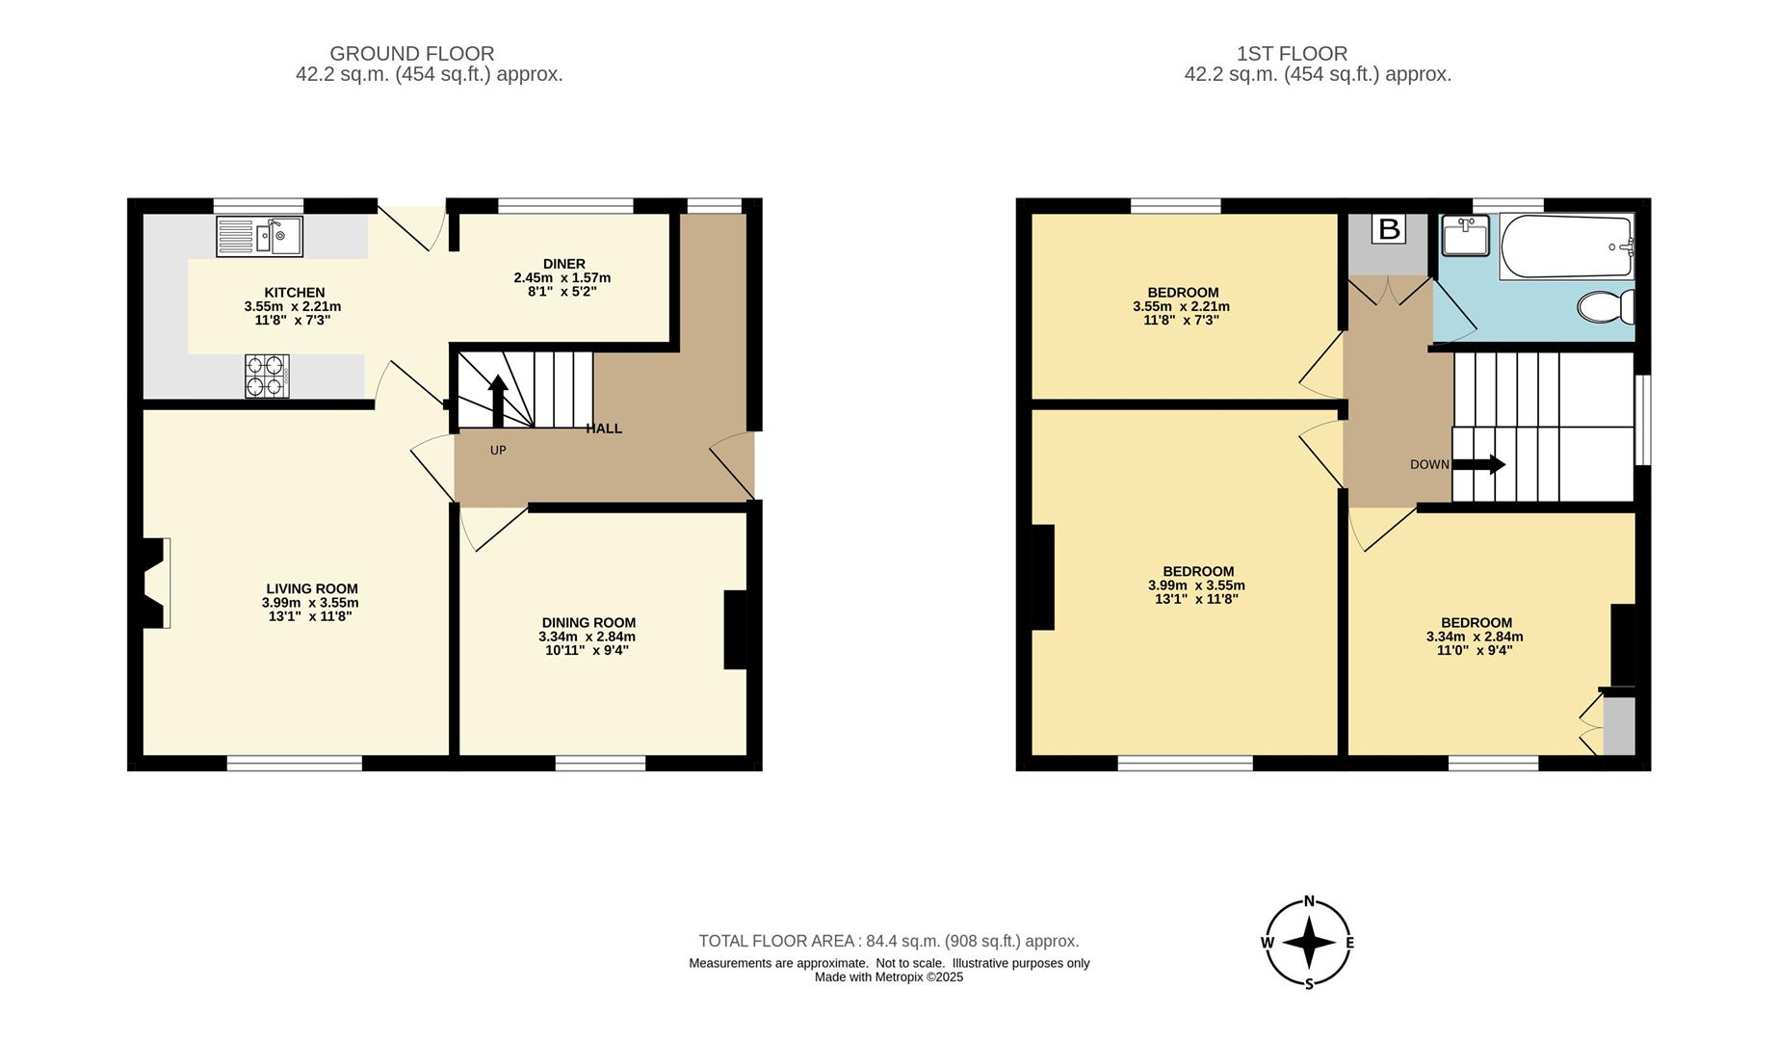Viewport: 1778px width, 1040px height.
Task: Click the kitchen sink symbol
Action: [259, 236]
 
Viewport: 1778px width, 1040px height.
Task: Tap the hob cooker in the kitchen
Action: [267, 376]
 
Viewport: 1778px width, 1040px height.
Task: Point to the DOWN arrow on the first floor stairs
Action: [1478, 465]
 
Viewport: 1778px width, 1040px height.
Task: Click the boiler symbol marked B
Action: [1388, 229]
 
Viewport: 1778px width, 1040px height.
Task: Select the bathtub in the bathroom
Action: [1566, 247]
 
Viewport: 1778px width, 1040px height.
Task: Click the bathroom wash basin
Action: [1465, 235]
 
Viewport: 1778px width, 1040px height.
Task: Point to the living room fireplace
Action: [155, 583]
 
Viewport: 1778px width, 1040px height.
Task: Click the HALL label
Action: [604, 429]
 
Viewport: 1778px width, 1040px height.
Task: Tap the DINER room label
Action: [563, 264]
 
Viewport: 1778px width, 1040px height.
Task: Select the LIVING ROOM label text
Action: [311, 588]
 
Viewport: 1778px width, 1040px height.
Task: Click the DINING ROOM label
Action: [588, 623]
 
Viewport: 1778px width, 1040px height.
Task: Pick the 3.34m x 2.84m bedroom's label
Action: [1476, 623]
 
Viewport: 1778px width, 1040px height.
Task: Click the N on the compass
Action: [1309, 901]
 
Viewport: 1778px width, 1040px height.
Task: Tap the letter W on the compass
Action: [1268, 943]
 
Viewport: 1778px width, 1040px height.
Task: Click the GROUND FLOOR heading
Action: [411, 54]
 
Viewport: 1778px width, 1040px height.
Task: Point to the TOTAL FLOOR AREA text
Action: [888, 941]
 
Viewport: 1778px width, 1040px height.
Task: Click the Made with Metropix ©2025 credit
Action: [888, 976]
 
